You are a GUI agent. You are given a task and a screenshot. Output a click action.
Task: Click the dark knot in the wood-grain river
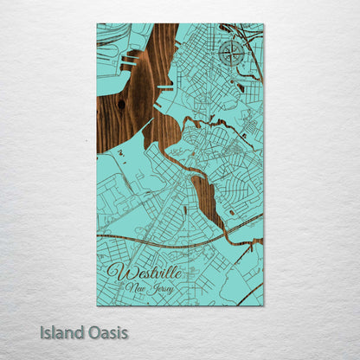coord(121,106)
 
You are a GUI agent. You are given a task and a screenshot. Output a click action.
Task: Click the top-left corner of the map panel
coord(97,23)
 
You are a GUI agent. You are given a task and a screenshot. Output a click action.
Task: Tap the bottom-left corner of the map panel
coord(97,305)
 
